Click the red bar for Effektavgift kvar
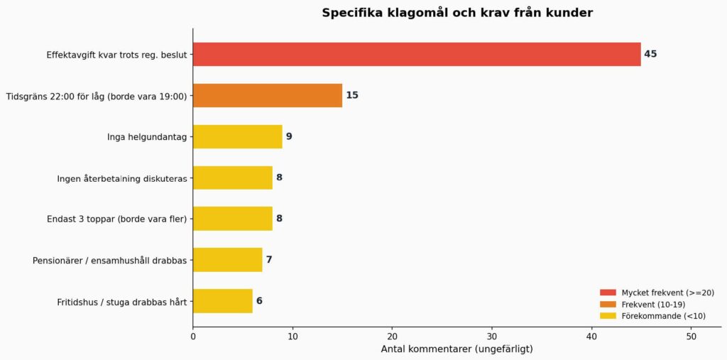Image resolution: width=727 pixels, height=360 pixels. (x=416, y=54)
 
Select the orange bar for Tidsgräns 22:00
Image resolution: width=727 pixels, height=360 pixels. (x=267, y=95)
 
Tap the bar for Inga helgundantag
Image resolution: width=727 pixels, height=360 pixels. (x=237, y=136)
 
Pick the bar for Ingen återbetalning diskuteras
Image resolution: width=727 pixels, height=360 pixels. (x=232, y=178)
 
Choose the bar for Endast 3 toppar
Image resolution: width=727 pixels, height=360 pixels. (x=232, y=219)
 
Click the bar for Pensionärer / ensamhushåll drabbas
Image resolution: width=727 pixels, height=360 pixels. (x=227, y=260)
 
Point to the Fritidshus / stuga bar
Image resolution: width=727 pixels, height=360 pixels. (x=222, y=301)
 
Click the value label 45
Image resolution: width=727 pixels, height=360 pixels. (x=650, y=54)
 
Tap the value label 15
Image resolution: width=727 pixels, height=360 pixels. (x=352, y=95)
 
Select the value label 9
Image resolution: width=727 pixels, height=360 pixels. (x=289, y=136)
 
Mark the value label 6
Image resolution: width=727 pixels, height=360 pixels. (x=259, y=301)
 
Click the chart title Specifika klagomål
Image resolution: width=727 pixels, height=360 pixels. (x=457, y=13)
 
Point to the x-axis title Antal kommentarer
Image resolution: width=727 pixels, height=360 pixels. (x=457, y=349)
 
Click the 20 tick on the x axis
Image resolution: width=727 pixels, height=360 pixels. (x=392, y=337)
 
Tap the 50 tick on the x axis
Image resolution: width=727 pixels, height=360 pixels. (x=691, y=337)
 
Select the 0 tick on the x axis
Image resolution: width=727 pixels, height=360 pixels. (x=193, y=337)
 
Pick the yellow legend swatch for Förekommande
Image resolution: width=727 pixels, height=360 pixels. (x=608, y=316)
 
